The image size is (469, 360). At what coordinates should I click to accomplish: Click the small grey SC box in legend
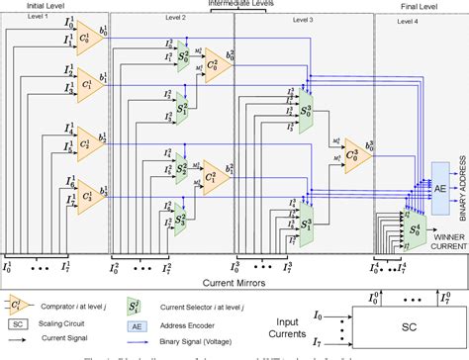[16, 321]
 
